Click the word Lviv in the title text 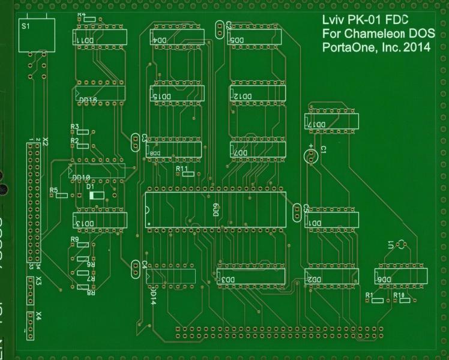click(x=333, y=21)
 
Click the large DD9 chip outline click(x=215, y=210)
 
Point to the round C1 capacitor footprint click(x=310, y=157)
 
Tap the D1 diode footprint click(x=96, y=195)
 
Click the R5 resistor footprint click(x=61, y=196)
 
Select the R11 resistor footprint click(x=185, y=177)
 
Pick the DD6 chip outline click(x=401, y=277)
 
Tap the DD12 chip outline click(x=257, y=94)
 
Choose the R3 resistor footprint click(x=83, y=131)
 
